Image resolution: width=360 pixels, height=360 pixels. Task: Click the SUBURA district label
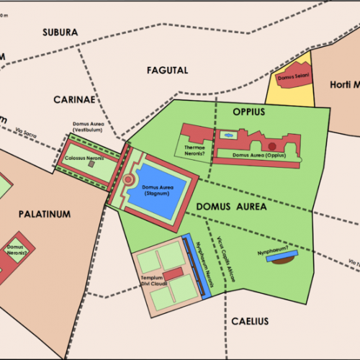(x=60, y=32)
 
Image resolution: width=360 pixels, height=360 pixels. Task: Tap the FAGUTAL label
(x=167, y=71)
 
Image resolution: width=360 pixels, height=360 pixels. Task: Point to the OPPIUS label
(x=250, y=112)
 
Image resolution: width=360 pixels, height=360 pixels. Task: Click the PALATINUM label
(x=45, y=214)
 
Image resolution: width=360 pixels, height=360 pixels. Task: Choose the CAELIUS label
(x=250, y=320)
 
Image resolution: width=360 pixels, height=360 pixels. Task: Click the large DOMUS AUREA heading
(x=231, y=207)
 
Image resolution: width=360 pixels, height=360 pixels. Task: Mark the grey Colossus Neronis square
(x=91, y=164)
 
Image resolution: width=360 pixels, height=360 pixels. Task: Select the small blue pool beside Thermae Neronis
(x=229, y=135)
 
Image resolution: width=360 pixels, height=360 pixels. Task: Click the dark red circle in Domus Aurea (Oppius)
(x=272, y=147)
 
